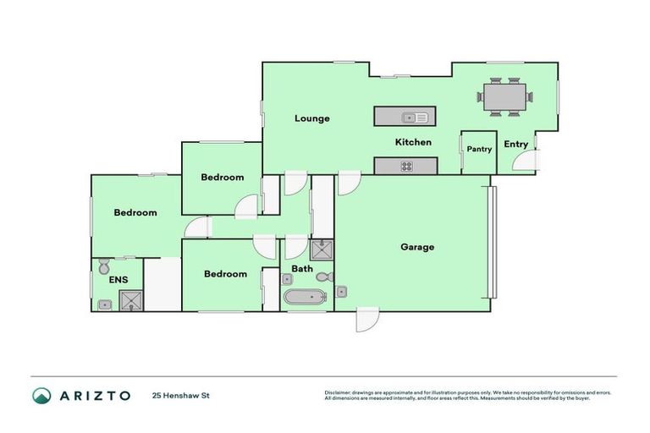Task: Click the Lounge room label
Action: coord(311,118)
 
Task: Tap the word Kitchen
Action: coord(413,142)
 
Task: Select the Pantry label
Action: coord(479,149)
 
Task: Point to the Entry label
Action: coord(515,144)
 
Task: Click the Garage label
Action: coord(417,247)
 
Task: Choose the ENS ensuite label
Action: coord(106,280)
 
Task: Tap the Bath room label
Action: coord(302,269)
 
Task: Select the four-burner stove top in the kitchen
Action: coord(406,166)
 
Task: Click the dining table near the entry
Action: coord(505,96)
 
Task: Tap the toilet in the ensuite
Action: coord(103,266)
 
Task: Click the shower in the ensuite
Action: coord(130,300)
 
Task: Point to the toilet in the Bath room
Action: coord(322,277)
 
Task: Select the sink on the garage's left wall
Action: coord(341,292)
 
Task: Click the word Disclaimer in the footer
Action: coord(338,392)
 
